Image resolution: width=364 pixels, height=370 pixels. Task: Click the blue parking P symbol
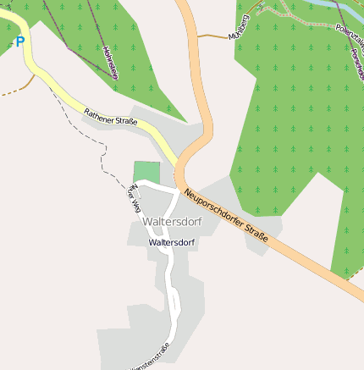coord(19,41)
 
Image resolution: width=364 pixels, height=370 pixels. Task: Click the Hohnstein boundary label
coord(109,62)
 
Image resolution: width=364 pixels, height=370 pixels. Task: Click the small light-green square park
coord(146,171)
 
